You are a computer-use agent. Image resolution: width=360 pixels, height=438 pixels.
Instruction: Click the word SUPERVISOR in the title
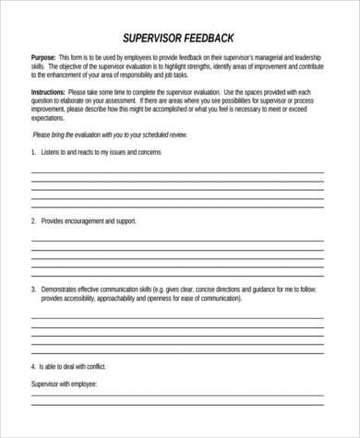pos(151,38)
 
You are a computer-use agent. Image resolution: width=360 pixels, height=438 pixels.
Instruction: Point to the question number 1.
pos(32,150)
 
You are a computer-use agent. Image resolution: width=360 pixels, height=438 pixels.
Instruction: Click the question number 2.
pos(32,221)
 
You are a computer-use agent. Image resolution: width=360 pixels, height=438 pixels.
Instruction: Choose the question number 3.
pos(32,289)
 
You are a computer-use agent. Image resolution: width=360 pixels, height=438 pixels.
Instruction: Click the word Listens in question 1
pos(50,150)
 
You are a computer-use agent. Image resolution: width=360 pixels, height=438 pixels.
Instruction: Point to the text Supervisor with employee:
pos(64,384)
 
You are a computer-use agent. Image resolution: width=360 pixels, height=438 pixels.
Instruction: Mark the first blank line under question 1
pos(177,172)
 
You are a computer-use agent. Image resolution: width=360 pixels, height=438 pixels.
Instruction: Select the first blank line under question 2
pos(177,239)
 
